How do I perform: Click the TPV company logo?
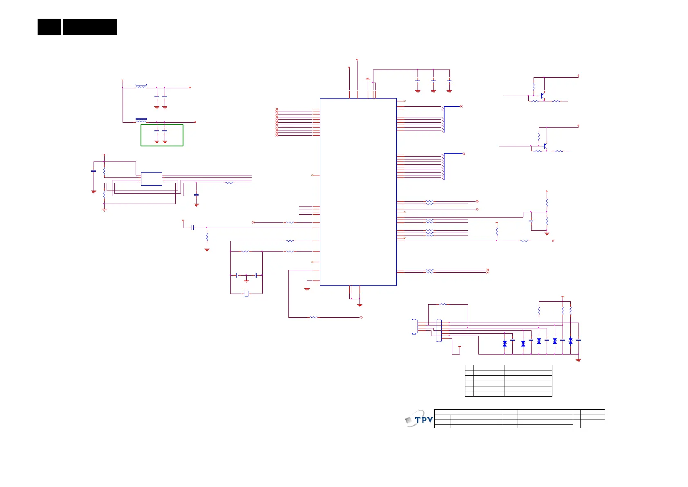[x=419, y=419]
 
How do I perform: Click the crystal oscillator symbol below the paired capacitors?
[x=246, y=293]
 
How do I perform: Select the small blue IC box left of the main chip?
[x=151, y=179]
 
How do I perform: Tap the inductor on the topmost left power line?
[x=141, y=86]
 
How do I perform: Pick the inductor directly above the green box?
[x=141, y=120]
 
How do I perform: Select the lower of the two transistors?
[x=545, y=146]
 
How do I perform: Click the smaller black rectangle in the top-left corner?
[x=49, y=27]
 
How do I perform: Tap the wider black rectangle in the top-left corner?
[x=90, y=27]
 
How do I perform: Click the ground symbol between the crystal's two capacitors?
[x=246, y=281]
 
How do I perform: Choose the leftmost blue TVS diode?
[x=505, y=344]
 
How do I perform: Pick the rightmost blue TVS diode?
[x=570, y=341]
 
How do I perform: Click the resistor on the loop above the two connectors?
[x=443, y=304]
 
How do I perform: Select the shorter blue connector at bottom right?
[x=414, y=327]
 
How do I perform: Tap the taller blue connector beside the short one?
[x=439, y=330]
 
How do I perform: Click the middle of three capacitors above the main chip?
[x=433, y=81]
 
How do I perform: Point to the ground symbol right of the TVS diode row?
[x=579, y=360]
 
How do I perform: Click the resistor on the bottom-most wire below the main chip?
[x=313, y=317]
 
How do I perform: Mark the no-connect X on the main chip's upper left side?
[x=313, y=175]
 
